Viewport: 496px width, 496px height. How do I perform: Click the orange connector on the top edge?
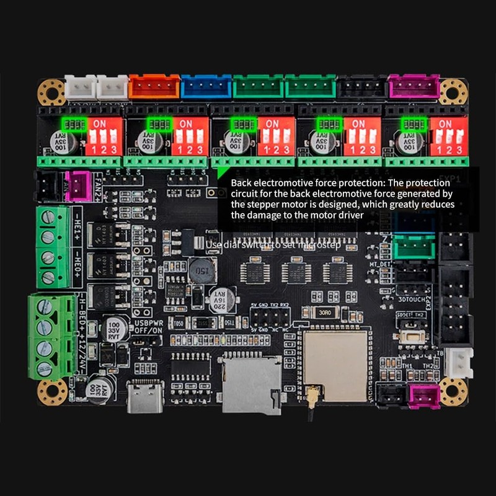154,87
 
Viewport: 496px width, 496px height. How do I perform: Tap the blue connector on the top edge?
206,87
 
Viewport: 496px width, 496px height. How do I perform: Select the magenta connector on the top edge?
414,87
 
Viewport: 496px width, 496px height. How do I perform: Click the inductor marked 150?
203,271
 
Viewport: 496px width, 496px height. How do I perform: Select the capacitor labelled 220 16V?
223,300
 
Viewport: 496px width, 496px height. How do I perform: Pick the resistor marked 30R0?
325,313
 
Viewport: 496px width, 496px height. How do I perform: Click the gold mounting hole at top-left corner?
51,92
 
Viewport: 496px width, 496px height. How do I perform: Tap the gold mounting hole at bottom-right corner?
453,392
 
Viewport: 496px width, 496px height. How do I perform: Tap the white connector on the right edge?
459,363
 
